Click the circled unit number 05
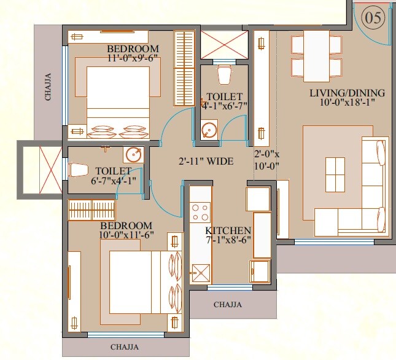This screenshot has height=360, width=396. [374, 18]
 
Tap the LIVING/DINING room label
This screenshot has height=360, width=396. [347, 93]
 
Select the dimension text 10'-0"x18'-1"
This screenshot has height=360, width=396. [347, 103]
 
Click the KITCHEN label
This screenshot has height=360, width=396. [228, 230]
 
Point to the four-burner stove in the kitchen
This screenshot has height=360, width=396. [200, 212]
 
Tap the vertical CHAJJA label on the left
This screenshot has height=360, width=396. [47, 86]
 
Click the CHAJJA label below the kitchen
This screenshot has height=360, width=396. [227, 304]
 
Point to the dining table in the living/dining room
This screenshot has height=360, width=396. [316, 55]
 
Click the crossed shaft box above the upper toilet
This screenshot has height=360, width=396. [223, 44]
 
